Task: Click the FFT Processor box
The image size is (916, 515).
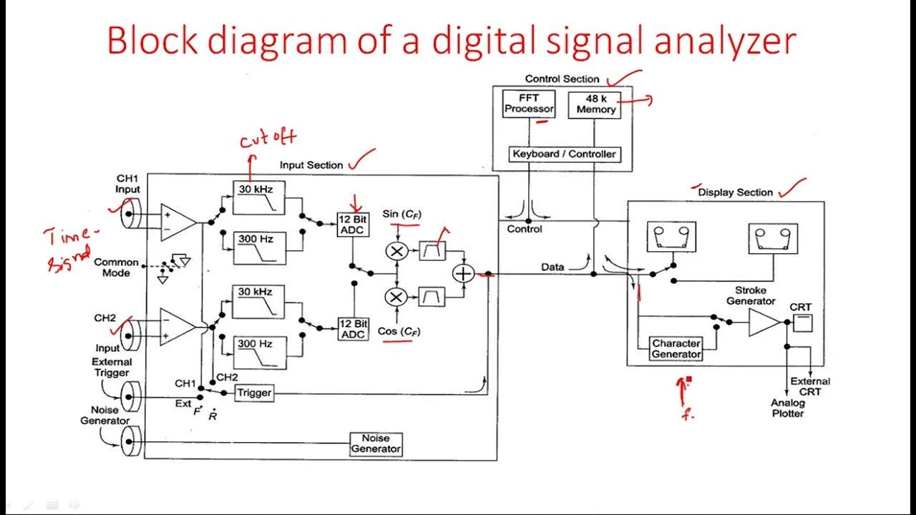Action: point(530,104)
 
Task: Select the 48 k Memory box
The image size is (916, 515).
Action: point(595,104)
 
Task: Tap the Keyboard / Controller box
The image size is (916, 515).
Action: point(564,154)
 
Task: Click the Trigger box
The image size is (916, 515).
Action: point(253,393)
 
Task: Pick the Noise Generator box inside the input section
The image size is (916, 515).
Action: point(376,443)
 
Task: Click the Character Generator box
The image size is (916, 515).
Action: point(676,349)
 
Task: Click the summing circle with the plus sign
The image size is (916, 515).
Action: point(464,273)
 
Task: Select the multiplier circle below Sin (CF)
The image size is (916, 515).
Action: point(396,251)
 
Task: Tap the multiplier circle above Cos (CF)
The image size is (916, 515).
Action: point(396,296)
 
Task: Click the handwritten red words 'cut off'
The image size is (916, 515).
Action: point(268,138)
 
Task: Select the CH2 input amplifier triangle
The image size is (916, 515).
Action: point(176,328)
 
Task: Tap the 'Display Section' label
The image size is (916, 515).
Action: point(735,192)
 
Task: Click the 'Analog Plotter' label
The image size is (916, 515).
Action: point(787,408)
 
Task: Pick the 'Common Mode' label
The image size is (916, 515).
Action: point(116,268)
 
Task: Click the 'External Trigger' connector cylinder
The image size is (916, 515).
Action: point(130,393)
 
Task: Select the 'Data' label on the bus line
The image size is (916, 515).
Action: point(552,267)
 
